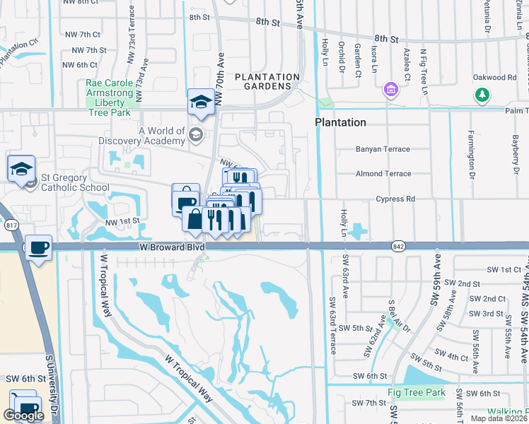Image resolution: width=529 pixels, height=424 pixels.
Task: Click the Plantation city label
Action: point(340,122)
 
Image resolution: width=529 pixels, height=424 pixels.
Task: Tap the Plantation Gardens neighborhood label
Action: point(267,81)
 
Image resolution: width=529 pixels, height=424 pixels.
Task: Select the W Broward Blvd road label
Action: point(173,248)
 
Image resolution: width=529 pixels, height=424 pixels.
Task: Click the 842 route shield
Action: point(397,245)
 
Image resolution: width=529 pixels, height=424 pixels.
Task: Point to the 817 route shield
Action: point(11,225)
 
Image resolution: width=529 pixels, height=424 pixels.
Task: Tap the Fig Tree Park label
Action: point(416,392)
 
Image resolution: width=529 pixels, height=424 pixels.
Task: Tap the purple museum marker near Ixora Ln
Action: point(389,90)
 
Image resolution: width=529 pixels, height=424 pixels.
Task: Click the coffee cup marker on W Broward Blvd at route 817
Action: point(38,248)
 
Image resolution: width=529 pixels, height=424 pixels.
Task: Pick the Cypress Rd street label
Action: point(395,199)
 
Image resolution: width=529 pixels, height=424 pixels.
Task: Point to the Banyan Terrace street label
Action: point(383,149)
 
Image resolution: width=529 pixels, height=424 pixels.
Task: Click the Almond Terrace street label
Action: point(383,174)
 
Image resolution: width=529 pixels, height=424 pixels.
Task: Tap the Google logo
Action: point(23,416)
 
